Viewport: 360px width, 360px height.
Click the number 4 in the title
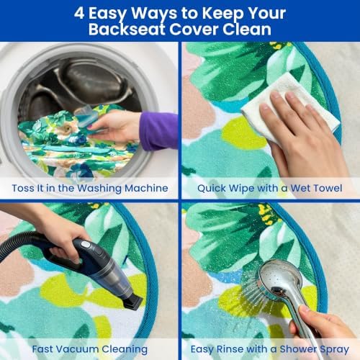click(x=79, y=13)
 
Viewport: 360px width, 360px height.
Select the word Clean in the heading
click(x=247, y=30)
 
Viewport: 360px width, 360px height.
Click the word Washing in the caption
click(x=99, y=189)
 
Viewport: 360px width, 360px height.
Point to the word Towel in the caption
click(x=328, y=188)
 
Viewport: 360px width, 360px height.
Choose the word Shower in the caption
click(x=297, y=349)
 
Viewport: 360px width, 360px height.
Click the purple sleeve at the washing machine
click(x=158, y=131)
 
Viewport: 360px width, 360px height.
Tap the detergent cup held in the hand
click(x=85, y=117)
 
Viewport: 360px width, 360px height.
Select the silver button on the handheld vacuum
click(x=85, y=245)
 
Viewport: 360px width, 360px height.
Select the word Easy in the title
click(x=107, y=14)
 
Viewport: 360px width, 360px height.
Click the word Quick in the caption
click(x=212, y=189)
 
